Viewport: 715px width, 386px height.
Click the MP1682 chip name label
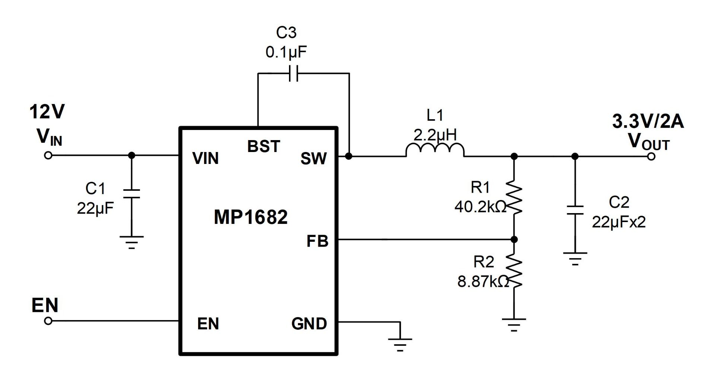tap(251, 217)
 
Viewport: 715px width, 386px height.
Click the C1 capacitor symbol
tap(131, 194)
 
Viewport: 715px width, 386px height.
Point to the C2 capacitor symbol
tap(575, 210)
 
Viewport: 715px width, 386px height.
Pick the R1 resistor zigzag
tap(514, 197)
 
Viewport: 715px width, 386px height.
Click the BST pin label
tap(264, 146)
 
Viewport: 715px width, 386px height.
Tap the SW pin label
tap(314, 159)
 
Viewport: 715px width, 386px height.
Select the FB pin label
tap(317, 241)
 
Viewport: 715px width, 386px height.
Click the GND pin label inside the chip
tap(309, 323)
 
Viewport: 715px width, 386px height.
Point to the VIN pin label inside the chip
tap(206, 158)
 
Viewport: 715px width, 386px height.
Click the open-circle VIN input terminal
tap(48, 155)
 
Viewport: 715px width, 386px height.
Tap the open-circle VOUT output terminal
tap(651, 156)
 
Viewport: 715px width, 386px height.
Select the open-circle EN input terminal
tap(48, 321)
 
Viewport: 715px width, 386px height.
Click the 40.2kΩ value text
tap(480, 207)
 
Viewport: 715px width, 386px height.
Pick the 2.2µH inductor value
tap(435, 135)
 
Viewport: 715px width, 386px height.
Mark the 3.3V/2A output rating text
tap(648, 121)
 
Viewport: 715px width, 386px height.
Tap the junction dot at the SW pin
tap(349, 156)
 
